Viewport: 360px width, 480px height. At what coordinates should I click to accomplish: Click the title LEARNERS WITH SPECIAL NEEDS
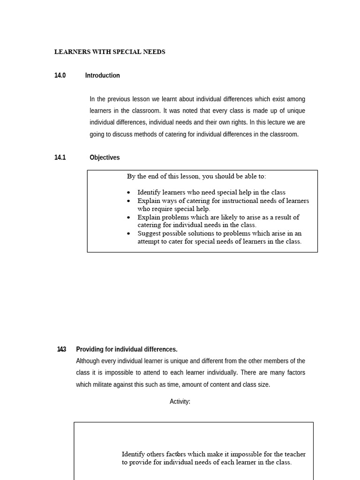coord(110,52)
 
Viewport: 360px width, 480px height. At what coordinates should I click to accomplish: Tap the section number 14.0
coord(60,75)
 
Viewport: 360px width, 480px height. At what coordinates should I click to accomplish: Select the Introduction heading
coord(102,75)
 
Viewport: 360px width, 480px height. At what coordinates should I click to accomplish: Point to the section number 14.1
coord(60,157)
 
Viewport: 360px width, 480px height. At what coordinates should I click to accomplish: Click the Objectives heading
coord(105,157)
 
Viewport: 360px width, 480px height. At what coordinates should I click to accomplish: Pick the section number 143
coord(61,349)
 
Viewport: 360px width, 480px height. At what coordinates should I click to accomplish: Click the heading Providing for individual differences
coord(127,349)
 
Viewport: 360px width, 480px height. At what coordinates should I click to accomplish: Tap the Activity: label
coord(180,402)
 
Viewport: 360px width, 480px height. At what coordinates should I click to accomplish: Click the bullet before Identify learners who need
coord(129,193)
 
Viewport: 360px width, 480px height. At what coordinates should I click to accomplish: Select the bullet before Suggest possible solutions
coord(129,233)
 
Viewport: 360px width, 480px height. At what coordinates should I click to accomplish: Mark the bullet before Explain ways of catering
coord(129,201)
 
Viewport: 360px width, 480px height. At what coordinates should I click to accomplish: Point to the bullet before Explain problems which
coord(129,217)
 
